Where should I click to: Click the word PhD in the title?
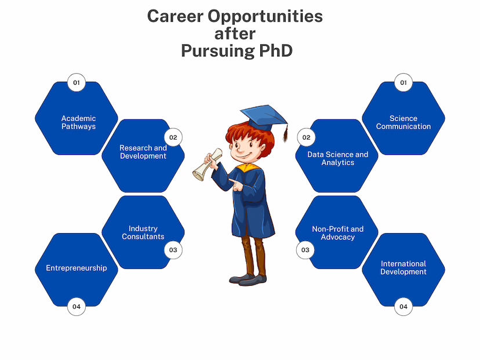pyautogui.click(x=276, y=50)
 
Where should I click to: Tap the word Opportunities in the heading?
pyautogui.click(x=265, y=17)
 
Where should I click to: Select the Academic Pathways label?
pyautogui.click(x=78, y=122)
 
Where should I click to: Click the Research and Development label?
pyautogui.click(x=143, y=152)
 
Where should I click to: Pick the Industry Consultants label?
pyautogui.click(x=143, y=232)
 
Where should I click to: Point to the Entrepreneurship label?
pyautogui.click(x=76, y=268)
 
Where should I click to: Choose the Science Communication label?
pyautogui.click(x=403, y=122)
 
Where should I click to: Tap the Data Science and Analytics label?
pyautogui.click(x=337, y=159)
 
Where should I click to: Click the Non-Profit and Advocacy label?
pyautogui.click(x=337, y=233)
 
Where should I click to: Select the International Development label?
pyautogui.click(x=403, y=268)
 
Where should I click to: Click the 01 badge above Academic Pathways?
pyautogui.click(x=76, y=82)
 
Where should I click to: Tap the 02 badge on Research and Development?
pyautogui.click(x=173, y=137)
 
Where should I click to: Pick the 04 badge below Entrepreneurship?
pyautogui.click(x=76, y=307)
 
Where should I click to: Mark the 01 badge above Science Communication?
pyautogui.click(x=403, y=82)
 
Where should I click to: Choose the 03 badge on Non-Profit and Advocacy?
pyautogui.click(x=305, y=250)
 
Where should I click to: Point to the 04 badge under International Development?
pyautogui.click(x=403, y=307)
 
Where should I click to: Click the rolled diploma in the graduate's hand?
pyautogui.click(x=207, y=165)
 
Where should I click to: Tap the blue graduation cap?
pyautogui.click(x=263, y=118)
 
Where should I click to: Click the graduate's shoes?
pyautogui.click(x=248, y=279)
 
